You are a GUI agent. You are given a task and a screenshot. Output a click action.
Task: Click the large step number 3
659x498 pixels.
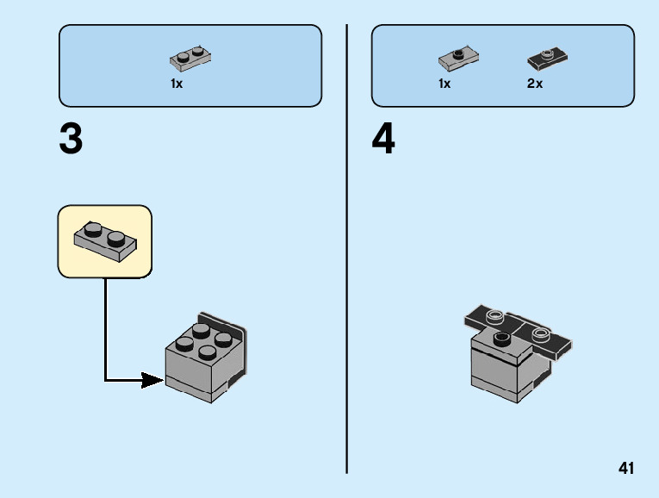click(71, 140)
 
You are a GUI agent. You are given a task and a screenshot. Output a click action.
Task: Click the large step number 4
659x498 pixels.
click(383, 140)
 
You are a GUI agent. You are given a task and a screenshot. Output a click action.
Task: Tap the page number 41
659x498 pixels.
click(625, 469)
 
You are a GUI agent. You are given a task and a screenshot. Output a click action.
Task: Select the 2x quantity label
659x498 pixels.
click(535, 84)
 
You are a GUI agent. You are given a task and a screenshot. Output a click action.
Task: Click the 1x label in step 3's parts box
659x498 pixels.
click(177, 84)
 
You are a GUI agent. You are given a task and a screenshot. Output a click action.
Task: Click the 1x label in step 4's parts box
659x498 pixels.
click(445, 84)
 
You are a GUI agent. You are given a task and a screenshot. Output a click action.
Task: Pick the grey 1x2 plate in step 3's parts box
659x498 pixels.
click(191, 59)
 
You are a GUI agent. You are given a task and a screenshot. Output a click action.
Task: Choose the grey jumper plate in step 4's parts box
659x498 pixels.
click(459, 59)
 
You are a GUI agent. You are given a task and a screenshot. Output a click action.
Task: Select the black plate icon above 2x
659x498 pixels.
click(547, 59)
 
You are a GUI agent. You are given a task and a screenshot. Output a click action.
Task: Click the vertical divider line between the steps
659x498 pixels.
click(347, 250)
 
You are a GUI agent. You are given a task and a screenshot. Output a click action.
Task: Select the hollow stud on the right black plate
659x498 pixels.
click(540, 333)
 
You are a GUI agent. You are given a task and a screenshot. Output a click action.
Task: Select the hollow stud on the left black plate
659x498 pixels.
click(495, 315)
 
